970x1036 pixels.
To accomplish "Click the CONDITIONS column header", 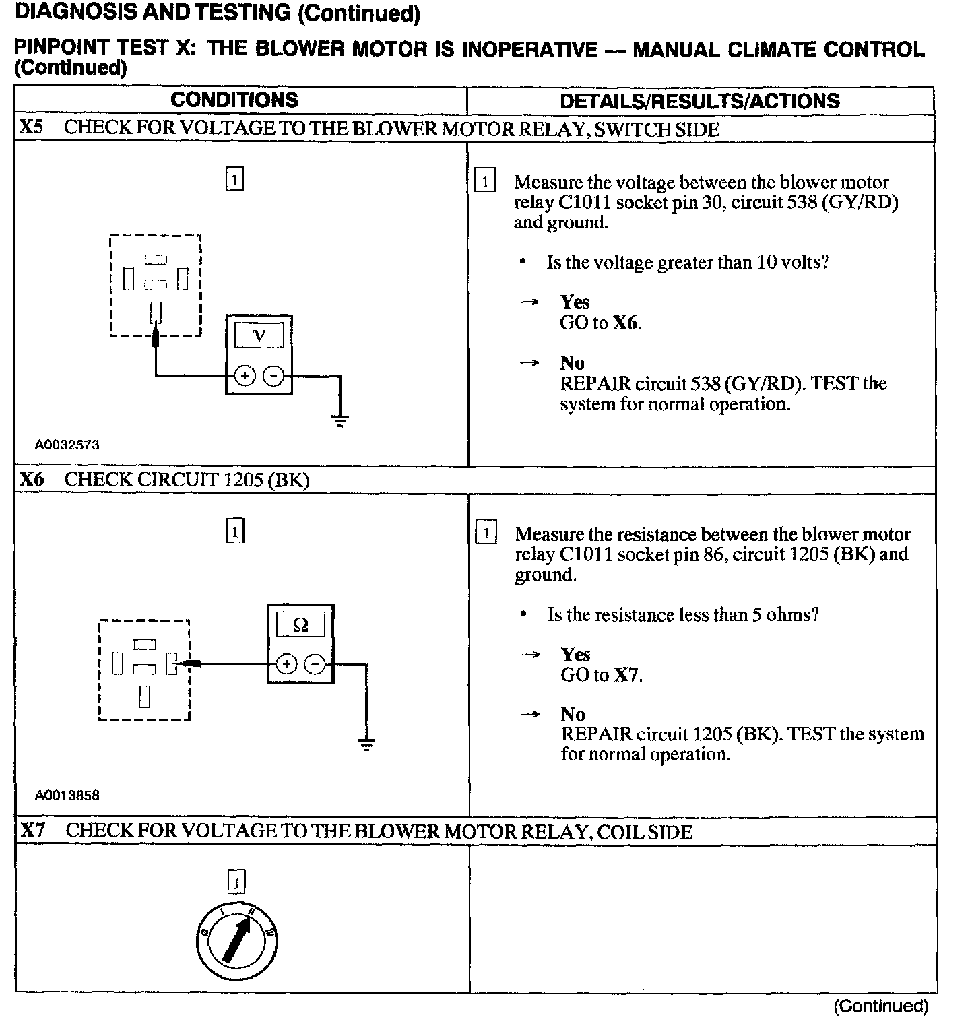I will click(234, 100).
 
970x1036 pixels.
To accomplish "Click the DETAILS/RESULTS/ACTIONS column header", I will click(700, 102).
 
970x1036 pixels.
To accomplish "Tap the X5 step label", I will click(31, 127).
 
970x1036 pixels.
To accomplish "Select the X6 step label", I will click(31, 479).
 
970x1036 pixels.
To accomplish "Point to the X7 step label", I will click(32, 830).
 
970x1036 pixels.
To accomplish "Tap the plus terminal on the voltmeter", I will click(245, 376).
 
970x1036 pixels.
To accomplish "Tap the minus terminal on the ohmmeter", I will click(315, 665).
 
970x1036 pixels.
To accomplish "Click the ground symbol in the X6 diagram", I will click(366, 744).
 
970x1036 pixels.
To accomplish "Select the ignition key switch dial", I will click(236, 939).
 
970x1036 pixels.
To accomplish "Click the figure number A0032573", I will click(67, 445).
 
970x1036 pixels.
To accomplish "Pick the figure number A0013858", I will click(67, 795).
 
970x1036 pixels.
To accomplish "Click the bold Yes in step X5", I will click(575, 302).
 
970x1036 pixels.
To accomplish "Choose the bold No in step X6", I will click(573, 714).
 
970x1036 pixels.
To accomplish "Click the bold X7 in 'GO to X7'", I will click(626, 675).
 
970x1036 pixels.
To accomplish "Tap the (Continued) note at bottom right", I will click(880, 1006).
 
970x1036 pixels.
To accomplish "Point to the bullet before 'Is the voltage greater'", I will click(522, 262).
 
